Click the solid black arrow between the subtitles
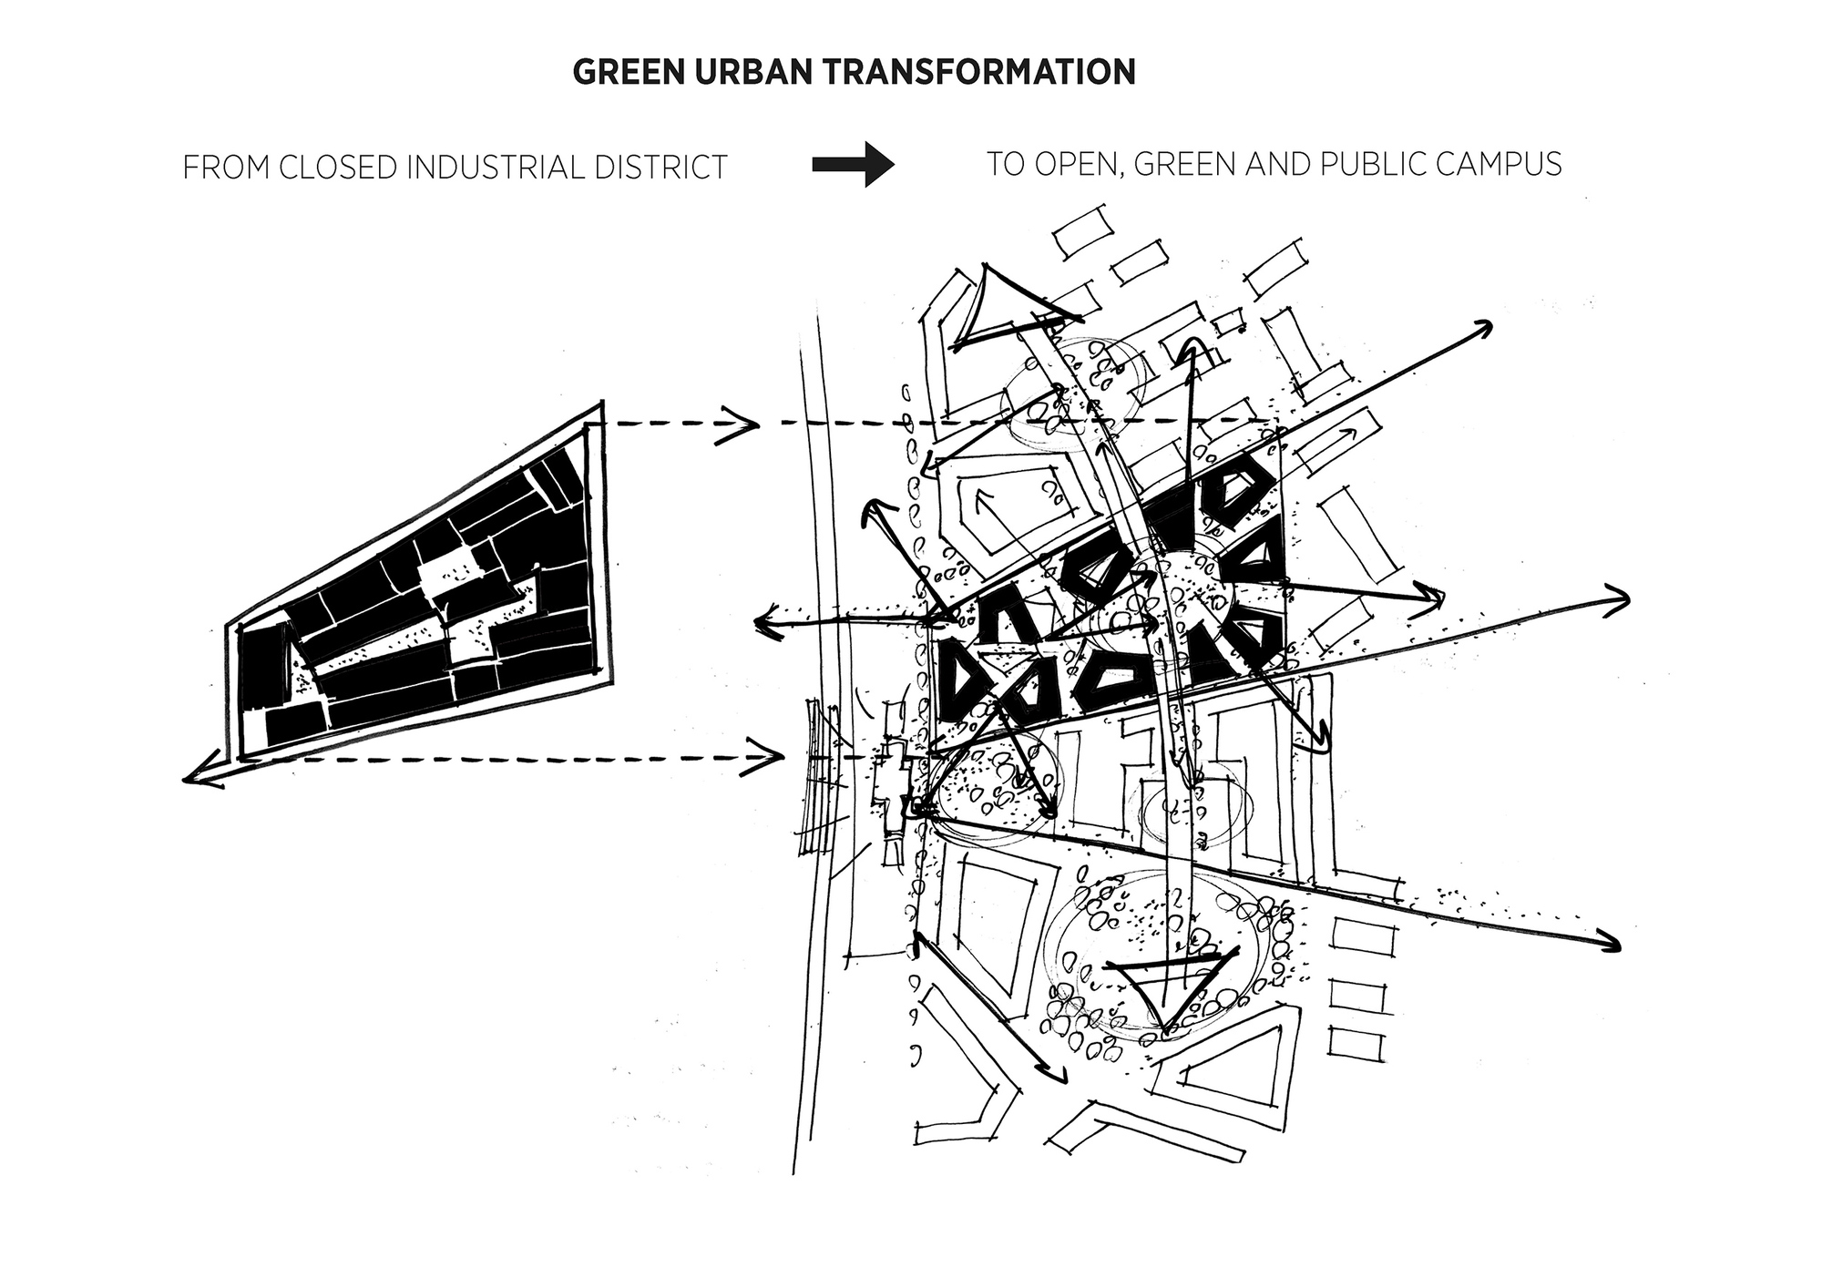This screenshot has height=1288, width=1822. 854,164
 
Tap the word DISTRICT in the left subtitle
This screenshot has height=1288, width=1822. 666,168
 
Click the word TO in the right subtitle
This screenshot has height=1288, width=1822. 1001,164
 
